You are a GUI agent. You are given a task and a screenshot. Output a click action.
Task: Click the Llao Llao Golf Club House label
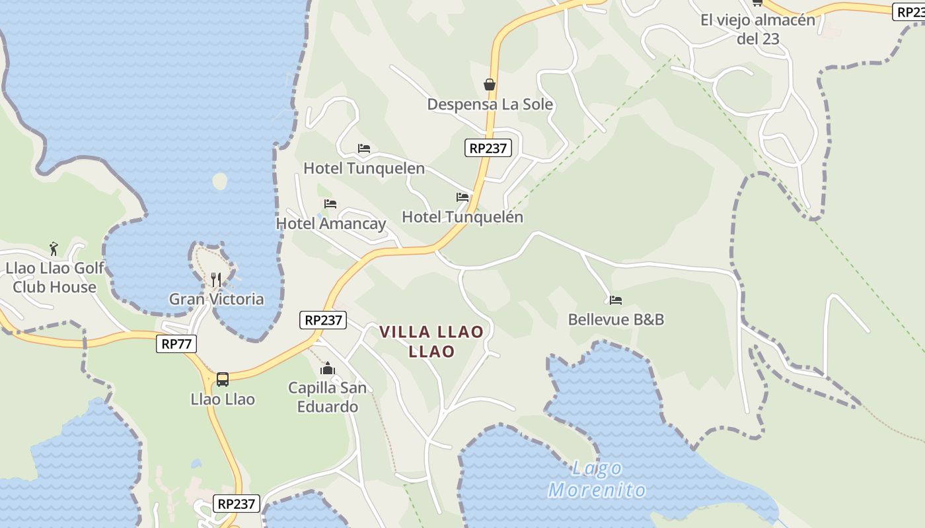(55, 277)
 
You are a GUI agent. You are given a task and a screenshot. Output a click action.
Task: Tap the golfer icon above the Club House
(54, 249)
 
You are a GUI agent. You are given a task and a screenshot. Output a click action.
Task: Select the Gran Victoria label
(216, 299)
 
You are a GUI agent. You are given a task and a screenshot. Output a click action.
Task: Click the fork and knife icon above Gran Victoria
(216, 280)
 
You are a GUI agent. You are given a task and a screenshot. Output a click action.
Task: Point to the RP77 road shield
(176, 344)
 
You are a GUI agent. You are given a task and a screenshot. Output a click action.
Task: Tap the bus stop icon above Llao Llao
(223, 379)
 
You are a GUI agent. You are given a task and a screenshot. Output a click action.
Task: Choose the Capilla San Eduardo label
(327, 397)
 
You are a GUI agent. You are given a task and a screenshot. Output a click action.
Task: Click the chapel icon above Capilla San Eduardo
(328, 368)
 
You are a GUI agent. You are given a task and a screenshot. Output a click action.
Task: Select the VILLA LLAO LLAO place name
(431, 341)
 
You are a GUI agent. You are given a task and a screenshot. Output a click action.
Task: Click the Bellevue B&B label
(616, 319)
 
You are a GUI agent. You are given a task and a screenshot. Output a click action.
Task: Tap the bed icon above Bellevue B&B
(616, 300)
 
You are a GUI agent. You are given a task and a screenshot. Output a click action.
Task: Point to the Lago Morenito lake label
(597, 479)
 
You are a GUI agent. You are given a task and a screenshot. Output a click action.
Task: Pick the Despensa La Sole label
(490, 104)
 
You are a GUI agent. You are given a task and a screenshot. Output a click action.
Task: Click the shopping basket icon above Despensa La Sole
(490, 84)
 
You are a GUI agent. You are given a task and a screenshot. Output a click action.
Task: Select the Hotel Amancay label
(330, 223)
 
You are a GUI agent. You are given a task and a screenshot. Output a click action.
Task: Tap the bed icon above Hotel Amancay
(330, 204)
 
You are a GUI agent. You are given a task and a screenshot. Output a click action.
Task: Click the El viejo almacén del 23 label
(758, 29)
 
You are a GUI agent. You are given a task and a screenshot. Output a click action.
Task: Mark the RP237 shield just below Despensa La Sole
(488, 148)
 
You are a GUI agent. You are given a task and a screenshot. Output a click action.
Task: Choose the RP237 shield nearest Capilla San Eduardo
(322, 320)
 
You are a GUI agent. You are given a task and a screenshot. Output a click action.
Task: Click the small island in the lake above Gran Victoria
(220, 180)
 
